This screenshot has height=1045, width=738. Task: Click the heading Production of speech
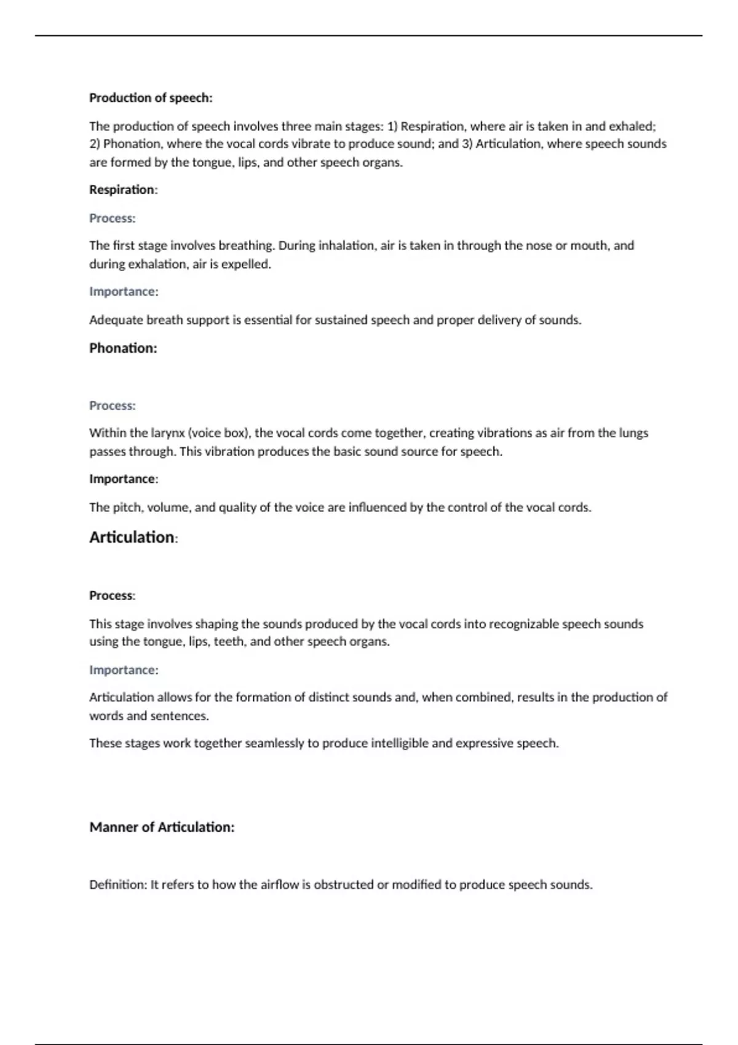151,98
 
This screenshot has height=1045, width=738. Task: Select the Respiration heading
122,189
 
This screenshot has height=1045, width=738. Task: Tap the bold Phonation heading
123,348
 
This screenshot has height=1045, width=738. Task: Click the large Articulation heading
132,537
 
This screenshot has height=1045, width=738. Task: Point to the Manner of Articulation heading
162,827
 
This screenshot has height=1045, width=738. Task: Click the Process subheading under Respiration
112,218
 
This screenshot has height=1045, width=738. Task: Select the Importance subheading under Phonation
122,479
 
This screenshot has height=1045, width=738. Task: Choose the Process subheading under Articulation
111,595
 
